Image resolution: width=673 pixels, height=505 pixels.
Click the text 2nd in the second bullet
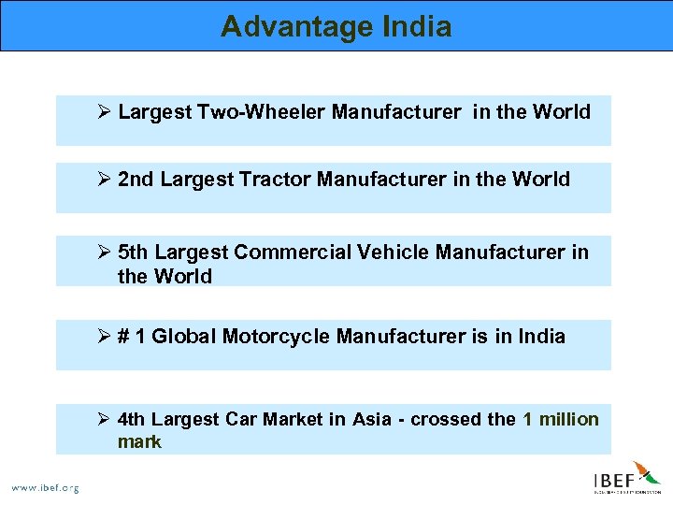pyautogui.click(x=136, y=180)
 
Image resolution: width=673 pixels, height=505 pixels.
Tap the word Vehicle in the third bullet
pyautogui.click(x=392, y=252)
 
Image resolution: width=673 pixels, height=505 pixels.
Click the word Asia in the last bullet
pyautogui.click(x=372, y=419)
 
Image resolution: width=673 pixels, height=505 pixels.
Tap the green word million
pyautogui.click(x=570, y=419)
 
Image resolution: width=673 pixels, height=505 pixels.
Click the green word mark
pyautogui.click(x=139, y=441)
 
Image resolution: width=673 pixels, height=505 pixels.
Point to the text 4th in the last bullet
pyautogui.click(x=133, y=419)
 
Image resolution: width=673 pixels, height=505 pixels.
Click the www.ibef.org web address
pyautogui.click(x=45, y=487)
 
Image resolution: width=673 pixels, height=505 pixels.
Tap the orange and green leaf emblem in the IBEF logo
pyautogui.click(x=646, y=472)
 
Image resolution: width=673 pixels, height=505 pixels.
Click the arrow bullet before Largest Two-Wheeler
pyautogui.click(x=105, y=112)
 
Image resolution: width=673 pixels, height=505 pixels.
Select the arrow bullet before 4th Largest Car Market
pyautogui.click(x=105, y=419)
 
